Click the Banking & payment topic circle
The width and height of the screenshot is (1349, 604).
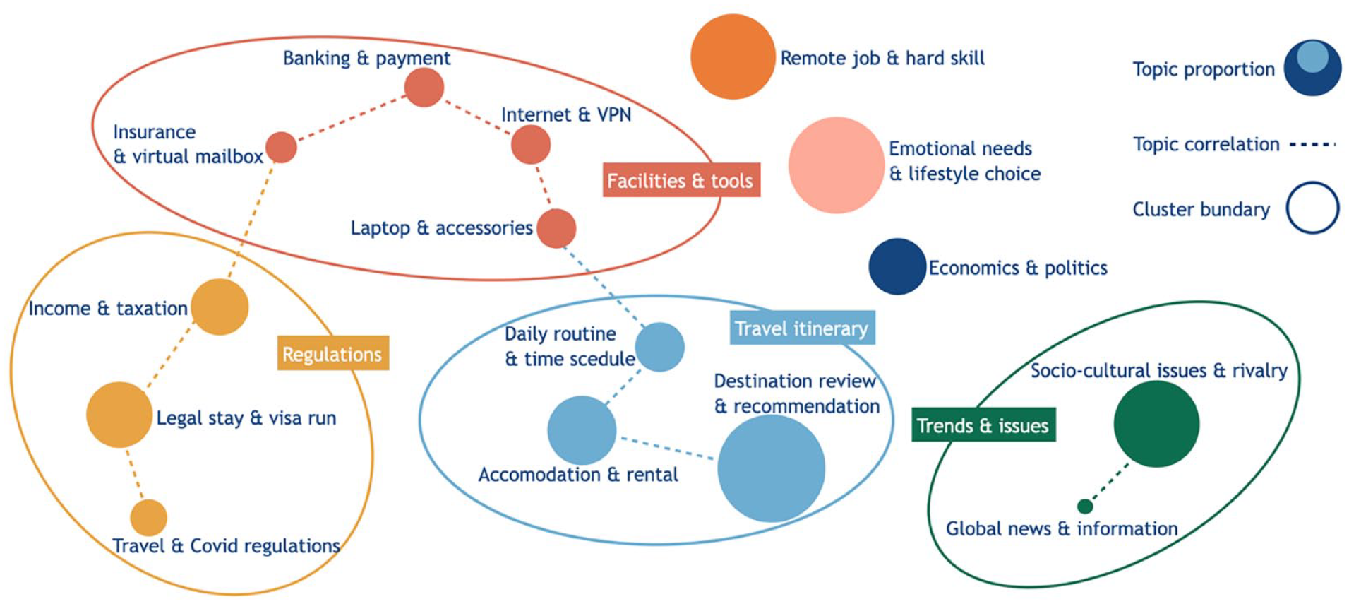tap(424, 88)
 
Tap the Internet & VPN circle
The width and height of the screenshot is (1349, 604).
tap(531, 145)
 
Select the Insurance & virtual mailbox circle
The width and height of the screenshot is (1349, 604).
tap(281, 147)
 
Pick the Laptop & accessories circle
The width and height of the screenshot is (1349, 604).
tap(556, 228)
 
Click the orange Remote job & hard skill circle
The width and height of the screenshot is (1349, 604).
tap(733, 57)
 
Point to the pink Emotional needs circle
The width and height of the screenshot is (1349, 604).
tap(837, 165)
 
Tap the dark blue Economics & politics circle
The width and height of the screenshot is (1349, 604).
tap(897, 266)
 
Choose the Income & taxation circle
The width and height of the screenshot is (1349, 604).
tap(220, 307)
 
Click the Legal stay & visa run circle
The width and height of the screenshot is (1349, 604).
tap(119, 415)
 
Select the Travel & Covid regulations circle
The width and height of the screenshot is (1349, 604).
tap(148, 518)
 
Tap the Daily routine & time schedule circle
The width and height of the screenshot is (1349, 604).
tap(660, 347)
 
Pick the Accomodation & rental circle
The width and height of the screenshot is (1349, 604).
tap(582, 430)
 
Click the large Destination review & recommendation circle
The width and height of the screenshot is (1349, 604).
tap(771, 468)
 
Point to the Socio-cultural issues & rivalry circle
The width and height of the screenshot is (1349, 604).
tap(1156, 424)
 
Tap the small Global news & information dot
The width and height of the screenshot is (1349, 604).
tap(1085, 506)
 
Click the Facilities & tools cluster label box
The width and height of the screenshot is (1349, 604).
tap(681, 180)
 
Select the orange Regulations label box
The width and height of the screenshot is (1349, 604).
tap(332, 353)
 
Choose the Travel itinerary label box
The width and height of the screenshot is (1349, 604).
tap(802, 328)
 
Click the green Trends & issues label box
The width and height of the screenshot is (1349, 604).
tap(983, 425)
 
